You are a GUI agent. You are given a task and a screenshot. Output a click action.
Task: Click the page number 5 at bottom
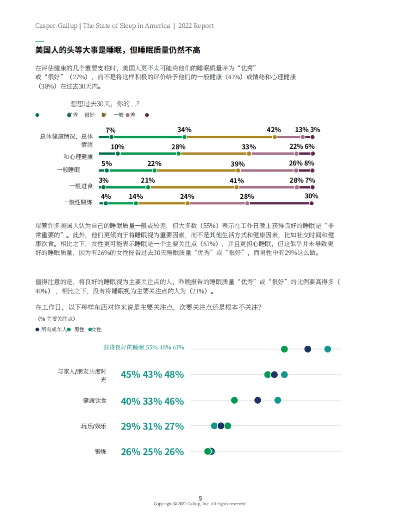click(200, 498)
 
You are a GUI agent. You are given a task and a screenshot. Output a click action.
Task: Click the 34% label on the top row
click(184, 130)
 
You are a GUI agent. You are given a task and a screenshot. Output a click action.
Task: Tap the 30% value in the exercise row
click(311, 196)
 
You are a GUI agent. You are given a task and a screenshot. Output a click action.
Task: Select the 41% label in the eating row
click(237, 181)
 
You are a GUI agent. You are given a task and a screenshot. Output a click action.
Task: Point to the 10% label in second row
click(117, 147)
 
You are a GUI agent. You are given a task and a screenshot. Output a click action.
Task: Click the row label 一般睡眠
click(68, 170)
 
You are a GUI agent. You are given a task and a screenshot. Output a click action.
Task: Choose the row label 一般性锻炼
click(78, 202)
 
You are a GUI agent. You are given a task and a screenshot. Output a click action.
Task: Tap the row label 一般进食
click(81, 186)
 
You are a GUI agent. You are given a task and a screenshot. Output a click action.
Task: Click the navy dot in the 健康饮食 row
click(258, 400)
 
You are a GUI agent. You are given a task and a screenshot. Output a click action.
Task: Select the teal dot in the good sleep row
click(328, 349)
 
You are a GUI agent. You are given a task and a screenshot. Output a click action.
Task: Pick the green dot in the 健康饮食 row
click(234, 400)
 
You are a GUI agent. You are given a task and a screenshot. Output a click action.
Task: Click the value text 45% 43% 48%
click(152, 375)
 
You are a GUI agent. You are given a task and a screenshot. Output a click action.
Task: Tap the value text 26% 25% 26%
click(152, 452)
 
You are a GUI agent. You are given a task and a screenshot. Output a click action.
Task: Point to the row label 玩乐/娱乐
click(94, 426)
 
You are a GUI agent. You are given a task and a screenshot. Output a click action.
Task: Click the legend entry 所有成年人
click(53, 330)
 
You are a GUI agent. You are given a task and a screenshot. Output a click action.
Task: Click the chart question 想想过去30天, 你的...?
click(105, 104)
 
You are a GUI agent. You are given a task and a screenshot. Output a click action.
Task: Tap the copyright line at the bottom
click(200, 504)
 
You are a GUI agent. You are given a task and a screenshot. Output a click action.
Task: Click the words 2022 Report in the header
click(196, 26)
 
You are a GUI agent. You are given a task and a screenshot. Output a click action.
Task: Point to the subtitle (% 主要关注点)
click(56, 319)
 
